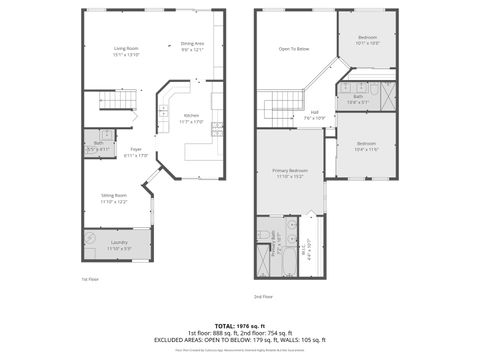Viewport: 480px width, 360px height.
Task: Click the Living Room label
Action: pos(125,51)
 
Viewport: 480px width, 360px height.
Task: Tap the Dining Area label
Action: pos(193,46)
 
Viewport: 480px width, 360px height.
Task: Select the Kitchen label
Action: pos(190,118)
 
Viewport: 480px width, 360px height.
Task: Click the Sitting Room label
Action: pos(113,198)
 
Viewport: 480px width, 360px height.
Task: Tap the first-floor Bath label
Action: pos(99,146)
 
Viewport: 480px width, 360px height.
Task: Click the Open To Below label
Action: pos(293,49)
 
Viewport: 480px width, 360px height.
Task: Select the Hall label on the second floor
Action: pos(314,114)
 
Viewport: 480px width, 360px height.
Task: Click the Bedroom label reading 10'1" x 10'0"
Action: pos(368,40)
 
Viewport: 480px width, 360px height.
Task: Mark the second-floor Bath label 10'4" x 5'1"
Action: pos(358,99)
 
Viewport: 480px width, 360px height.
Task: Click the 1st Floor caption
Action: pos(90,279)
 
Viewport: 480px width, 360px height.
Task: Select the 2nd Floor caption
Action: pos(263,297)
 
